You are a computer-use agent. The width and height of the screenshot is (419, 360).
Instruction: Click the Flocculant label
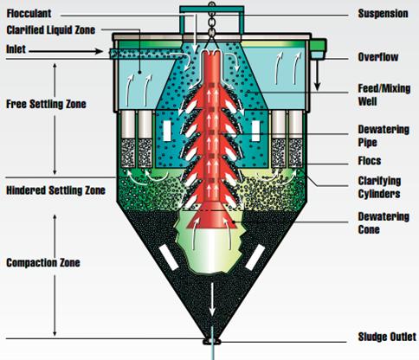[29, 13]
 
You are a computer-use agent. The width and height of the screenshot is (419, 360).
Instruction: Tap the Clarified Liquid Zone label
[51, 30]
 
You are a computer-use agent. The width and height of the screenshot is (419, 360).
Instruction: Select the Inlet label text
[16, 49]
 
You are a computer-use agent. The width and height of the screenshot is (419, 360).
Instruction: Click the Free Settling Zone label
[46, 104]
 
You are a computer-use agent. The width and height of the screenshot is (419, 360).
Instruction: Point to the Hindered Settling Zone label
[55, 190]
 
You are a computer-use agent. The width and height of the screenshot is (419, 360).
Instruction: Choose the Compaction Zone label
[43, 263]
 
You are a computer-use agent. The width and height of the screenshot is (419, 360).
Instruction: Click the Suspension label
[383, 14]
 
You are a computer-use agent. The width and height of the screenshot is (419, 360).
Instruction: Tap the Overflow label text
[378, 57]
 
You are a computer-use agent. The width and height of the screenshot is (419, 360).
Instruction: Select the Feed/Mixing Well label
[384, 95]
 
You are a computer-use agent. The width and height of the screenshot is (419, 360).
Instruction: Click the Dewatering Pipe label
[384, 136]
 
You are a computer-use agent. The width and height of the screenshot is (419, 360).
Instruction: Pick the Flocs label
[370, 161]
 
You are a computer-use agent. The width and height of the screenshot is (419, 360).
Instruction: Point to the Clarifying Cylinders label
[379, 187]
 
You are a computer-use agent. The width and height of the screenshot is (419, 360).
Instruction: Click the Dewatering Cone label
[384, 223]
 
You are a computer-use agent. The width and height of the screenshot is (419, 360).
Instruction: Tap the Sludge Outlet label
[387, 337]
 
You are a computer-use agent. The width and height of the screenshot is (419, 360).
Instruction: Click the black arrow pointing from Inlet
[66, 52]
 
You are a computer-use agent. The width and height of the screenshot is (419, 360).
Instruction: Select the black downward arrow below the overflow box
[317, 75]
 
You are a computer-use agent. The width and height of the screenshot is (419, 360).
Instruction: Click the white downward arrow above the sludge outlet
[212, 299]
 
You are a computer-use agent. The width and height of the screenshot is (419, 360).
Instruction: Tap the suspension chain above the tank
[212, 20]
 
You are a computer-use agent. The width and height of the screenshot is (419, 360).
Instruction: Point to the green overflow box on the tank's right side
[319, 49]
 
